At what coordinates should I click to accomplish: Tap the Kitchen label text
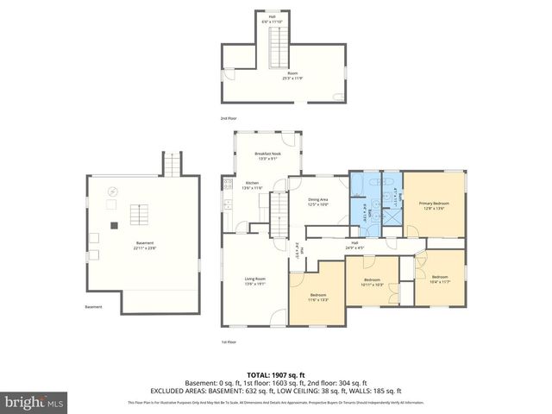click(x=252, y=185)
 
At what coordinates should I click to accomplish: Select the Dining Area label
click(x=318, y=202)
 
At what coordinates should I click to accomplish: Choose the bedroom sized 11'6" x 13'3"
click(x=318, y=298)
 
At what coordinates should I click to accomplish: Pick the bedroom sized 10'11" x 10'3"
click(x=372, y=281)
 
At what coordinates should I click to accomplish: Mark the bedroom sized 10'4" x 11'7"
click(x=440, y=279)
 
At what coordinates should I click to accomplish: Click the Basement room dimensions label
click(x=144, y=246)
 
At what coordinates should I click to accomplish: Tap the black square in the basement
click(x=113, y=226)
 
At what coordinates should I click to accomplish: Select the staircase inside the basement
click(x=139, y=214)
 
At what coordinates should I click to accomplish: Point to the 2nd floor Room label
click(x=295, y=76)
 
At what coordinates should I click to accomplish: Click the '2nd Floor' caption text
click(x=229, y=117)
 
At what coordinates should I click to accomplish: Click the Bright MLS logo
click(x=34, y=402)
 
